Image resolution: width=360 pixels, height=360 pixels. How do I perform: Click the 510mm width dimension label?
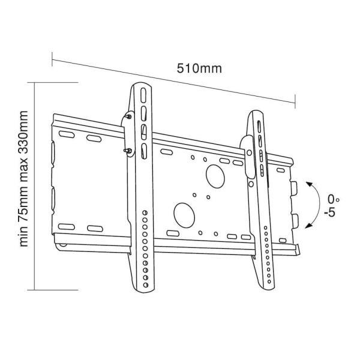pyautogui.click(x=199, y=68)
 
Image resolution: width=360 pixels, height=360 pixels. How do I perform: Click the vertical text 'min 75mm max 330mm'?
pyautogui.click(x=23, y=179)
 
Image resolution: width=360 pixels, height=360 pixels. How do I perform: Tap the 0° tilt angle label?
pyautogui.click(x=334, y=199)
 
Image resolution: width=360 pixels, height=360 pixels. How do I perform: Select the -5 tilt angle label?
pyautogui.click(x=330, y=213)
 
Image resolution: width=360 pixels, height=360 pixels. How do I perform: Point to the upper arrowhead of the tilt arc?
pyautogui.click(x=309, y=184)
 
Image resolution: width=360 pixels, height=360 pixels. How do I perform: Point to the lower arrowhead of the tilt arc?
pyautogui.click(x=308, y=226)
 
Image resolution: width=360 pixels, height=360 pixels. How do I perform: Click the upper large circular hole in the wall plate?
pyautogui.click(x=215, y=176)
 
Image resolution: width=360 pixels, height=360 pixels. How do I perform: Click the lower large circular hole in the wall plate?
pyautogui.click(x=184, y=215)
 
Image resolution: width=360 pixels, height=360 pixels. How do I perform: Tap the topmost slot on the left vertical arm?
pyautogui.click(x=143, y=95)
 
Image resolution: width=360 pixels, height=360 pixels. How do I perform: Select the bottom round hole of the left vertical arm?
pyautogui.click(x=146, y=285)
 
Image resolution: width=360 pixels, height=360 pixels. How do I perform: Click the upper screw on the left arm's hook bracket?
pyautogui.click(x=129, y=116)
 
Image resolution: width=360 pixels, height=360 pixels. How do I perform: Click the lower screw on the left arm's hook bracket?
pyautogui.click(x=128, y=151)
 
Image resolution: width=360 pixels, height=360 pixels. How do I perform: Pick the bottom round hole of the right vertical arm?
pyautogui.click(x=269, y=281)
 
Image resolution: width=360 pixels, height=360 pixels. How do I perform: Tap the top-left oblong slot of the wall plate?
pyautogui.click(x=67, y=134)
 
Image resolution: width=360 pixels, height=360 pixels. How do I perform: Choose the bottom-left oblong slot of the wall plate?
pyautogui.click(x=67, y=227)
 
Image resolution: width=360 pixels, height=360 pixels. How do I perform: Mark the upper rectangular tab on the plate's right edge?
pyautogui.click(x=294, y=188)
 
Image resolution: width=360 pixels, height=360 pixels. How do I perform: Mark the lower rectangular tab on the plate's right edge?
pyautogui.click(x=295, y=221)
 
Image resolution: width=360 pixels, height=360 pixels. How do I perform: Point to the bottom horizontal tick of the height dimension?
pyautogui.click(x=53, y=290)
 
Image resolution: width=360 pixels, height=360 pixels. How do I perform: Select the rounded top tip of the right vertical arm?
pyautogui.click(x=257, y=112)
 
